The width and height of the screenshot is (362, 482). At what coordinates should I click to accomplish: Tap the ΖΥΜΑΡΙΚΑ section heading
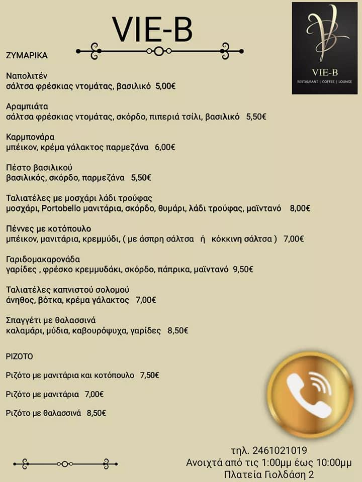point(27,55)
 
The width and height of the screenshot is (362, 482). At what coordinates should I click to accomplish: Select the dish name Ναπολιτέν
point(26,76)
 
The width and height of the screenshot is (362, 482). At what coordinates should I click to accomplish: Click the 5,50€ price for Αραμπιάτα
point(256,116)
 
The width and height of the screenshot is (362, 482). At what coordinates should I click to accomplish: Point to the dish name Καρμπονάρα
point(30,137)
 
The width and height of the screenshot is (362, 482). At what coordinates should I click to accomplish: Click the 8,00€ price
point(300,208)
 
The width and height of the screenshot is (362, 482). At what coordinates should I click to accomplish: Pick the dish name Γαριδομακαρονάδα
point(43,259)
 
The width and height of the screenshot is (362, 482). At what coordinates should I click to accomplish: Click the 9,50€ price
point(243,269)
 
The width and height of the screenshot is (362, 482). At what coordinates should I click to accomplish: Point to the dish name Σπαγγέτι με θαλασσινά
point(51,320)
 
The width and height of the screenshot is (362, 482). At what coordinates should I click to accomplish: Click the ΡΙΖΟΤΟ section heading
point(19,356)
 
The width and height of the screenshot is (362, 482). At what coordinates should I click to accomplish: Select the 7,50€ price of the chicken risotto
point(149,375)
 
